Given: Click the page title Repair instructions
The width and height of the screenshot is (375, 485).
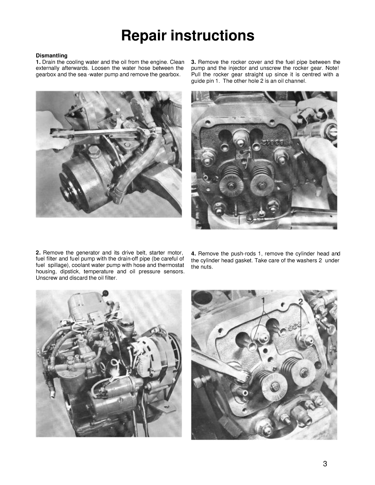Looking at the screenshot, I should pyautogui.click(x=187, y=35).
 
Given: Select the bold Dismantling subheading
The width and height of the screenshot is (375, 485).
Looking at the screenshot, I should pyautogui.click(x=51, y=56).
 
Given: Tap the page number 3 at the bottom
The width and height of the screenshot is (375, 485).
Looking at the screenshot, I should pyautogui.click(x=325, y=464).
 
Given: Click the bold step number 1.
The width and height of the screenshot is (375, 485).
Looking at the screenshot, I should pyautogui.click(x=38, y=62).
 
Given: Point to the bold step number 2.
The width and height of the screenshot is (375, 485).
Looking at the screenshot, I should pyautogui.click(x=38, y=253).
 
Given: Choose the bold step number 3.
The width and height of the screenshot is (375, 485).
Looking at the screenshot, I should pyautogui.click(x=193, y=62).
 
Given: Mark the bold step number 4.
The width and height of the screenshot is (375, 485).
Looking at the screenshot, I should pyautogui.click(x=193, y=254).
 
